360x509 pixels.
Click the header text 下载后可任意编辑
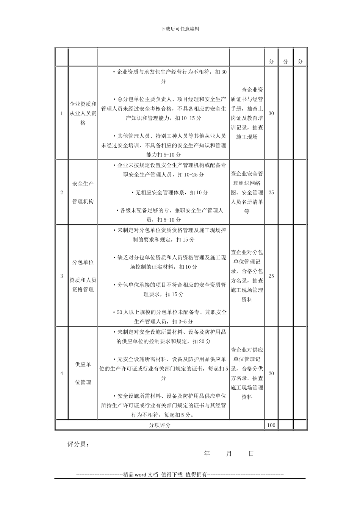180,29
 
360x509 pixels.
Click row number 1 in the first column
62,114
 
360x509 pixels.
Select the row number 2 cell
62,192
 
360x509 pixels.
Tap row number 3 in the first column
62,276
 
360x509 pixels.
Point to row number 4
62,374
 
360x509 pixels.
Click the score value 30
271,114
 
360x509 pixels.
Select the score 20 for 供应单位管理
271,374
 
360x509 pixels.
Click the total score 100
271,425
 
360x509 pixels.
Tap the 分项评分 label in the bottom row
160,425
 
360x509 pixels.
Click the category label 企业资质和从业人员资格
83,113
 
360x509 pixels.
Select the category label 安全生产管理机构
83,192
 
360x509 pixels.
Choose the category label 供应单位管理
83,373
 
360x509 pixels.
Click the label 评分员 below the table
78,444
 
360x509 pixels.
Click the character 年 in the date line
207,454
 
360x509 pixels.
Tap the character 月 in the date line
229,454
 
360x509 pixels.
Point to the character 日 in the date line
251,454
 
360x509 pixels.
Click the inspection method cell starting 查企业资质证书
247,113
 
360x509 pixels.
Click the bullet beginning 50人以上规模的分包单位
170,317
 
